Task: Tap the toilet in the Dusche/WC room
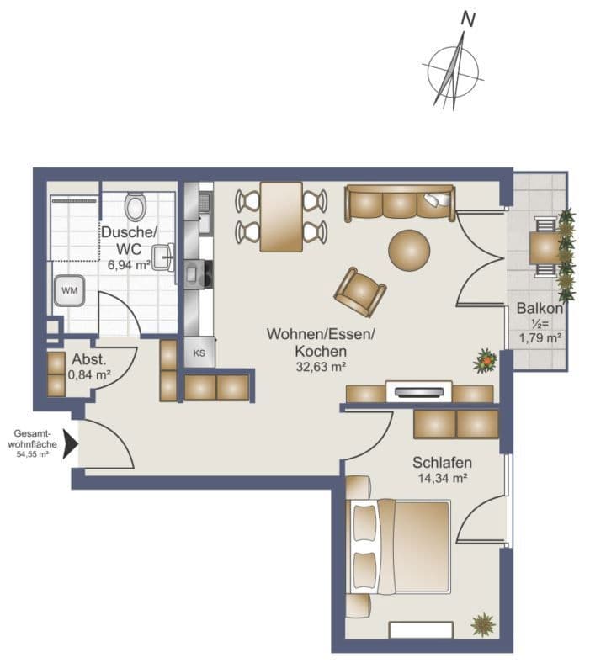pyautogui.click(x=135, y=206)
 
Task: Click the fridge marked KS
pyautogui.click(x=199, y=353)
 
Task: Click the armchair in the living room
pyautogui.click(x=360, y=290)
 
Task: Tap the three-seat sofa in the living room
pyautogui.click(x=399, y=203)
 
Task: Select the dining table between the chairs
pyautogui.click(x=280, y=216)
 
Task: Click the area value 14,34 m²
pyautogui.click(x=441, y=479)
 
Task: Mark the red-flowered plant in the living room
pyautogui.click(x=485, y=362)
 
